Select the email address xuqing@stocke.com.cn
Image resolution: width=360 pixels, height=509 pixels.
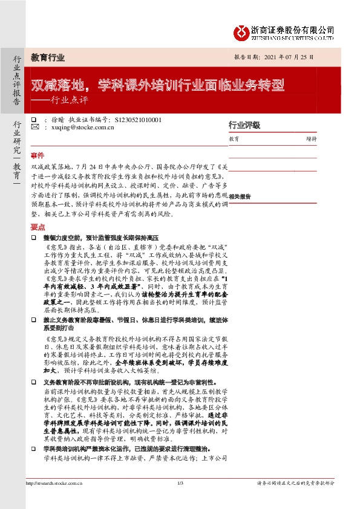click(x=82, y=128)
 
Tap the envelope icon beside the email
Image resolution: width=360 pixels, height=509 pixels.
click(x=34, y=128)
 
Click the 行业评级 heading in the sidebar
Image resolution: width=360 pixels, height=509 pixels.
click(x=244, y=125)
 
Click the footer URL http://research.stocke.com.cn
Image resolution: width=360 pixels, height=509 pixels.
click(x=54, y=500)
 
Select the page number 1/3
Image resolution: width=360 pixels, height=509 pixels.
click(x=180, y=500)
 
